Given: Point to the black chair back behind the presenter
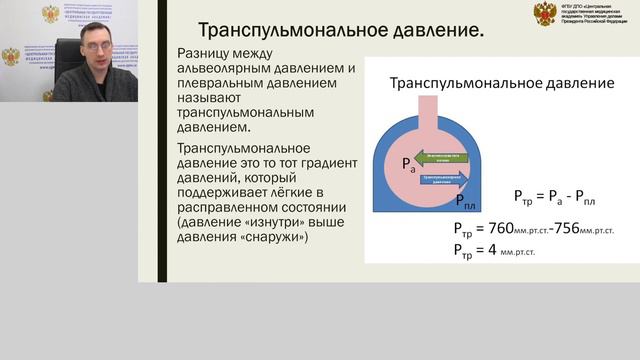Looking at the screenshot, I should (65, 60).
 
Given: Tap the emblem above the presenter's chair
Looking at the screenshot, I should (50, 13).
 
